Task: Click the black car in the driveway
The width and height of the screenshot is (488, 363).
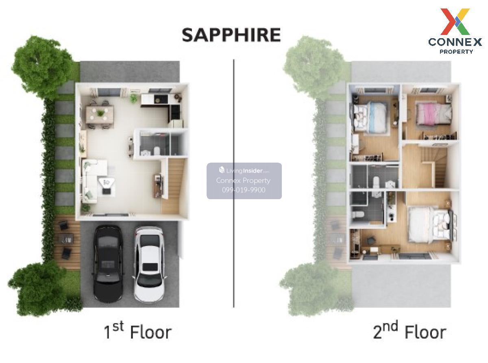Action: pos(108,263)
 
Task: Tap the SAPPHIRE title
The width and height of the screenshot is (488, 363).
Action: pos(231,35)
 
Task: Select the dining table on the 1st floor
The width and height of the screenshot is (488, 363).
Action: pos(100,114)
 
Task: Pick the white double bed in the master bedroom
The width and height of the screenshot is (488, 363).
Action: pos(429,224)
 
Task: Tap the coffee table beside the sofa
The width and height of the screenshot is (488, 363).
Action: pos(107,185)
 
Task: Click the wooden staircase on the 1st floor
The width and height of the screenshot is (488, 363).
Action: pos(173,186)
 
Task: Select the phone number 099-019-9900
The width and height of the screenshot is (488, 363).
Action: pos(244,190)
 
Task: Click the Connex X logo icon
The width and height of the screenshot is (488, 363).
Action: pos(455,22)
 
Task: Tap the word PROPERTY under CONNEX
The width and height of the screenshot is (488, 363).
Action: pos(456,52)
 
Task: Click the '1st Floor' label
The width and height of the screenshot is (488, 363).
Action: pos(137,331)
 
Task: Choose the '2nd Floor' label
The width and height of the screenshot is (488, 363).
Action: pos(410,330)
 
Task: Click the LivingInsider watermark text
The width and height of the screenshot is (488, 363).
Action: pos(244,170)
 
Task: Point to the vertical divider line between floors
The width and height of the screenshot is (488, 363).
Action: pos(234,183)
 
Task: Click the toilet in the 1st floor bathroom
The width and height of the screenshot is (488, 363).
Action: pos(157,151)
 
